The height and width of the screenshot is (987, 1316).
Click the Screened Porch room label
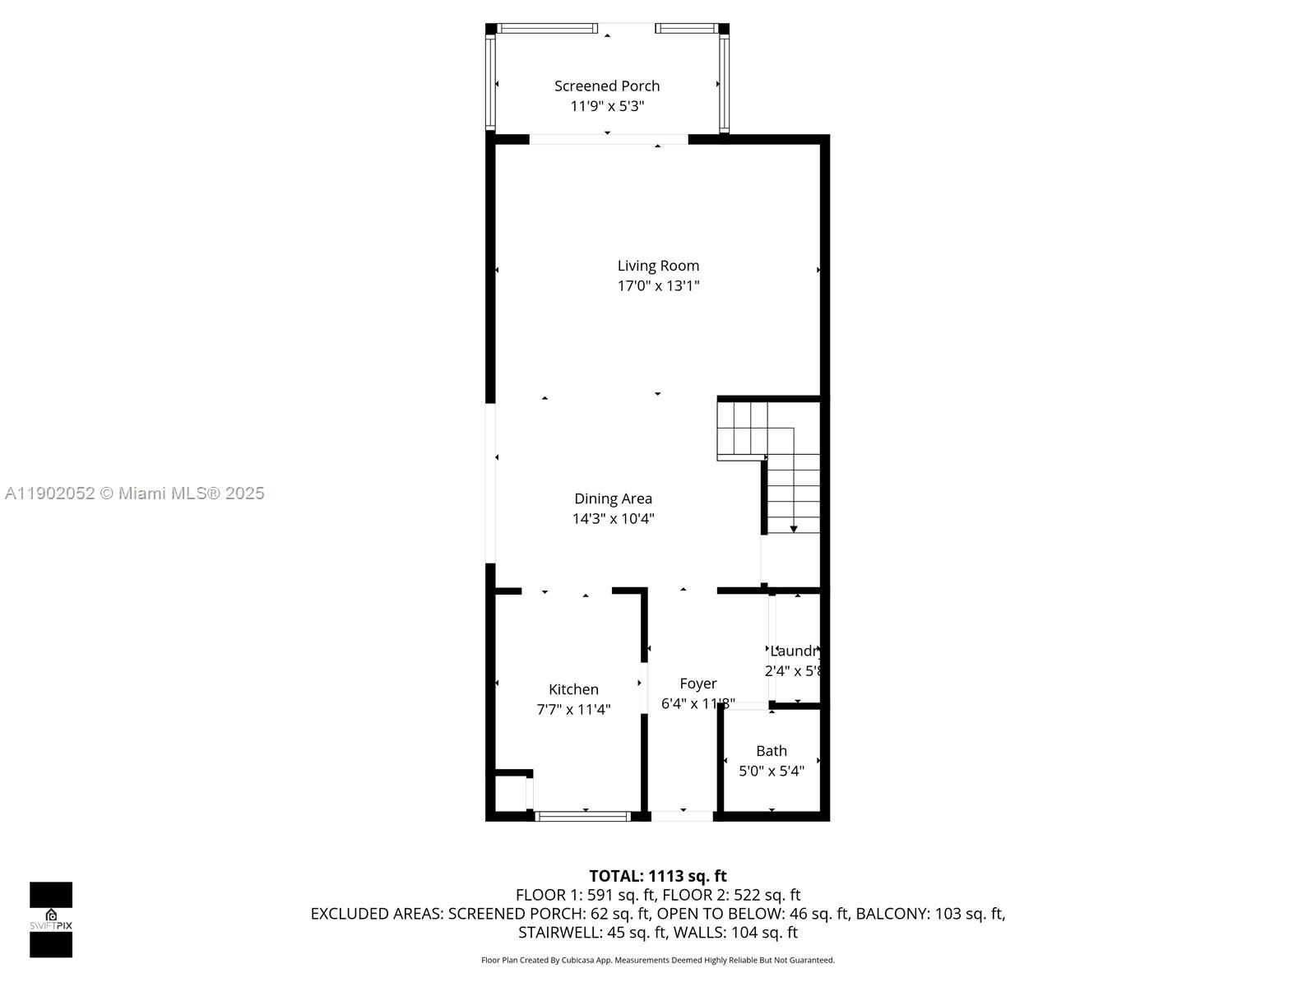pyautogui.click(x=607, y=86)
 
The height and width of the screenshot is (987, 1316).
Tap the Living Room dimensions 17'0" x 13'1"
pyautogui.click(x=658, y=286)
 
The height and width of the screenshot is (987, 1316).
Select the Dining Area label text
pyautogui.click(x=613, y=498)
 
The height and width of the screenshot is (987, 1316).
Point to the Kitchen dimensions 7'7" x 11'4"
pyautogui.click(x=573, y=710)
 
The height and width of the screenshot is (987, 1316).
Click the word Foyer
pyautogui.click(x=697, y=683)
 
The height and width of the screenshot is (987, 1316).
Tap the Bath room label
pyautogui.click(x=772, y=751)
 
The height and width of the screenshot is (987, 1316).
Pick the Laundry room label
pyautogui.click(x=796, y=651)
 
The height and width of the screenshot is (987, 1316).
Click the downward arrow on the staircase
pyautogui.click(x=794, y=528)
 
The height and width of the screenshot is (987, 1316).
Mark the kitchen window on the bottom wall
pyautogui.click(x=583, y=816)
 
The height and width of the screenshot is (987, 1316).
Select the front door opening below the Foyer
pyautogui.click(x=682, y=816)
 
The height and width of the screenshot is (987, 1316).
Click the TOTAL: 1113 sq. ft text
pyautogui.click(x=658, y=876)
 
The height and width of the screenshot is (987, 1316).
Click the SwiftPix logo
pyautogui.click(x=51, y=920)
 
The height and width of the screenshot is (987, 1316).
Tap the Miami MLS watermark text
pyautogui.click(x=135, y=493)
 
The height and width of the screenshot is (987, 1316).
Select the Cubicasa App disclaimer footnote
pyautogui.click(x=658, y=960)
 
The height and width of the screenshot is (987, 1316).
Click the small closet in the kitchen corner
pyautogui.click(x=509, y=794)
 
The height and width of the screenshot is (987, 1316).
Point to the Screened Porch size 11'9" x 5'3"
pyautogui.click(x=607, y=106)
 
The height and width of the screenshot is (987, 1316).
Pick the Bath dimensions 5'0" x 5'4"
pyautogui.click(x=772, y=772)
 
